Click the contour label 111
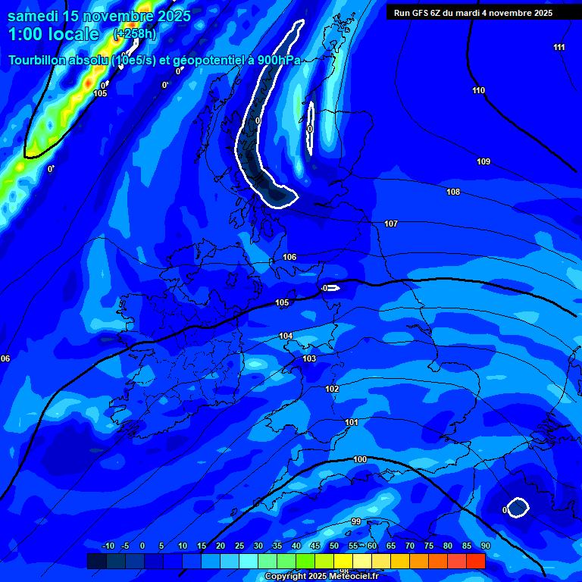pos(559,48)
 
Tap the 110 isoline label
pos(478,91)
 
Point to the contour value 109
pos(483,161)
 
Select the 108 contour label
pos(453,192)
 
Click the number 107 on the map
pos(391,224)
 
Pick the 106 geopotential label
pos(289,257)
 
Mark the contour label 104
pos(286,336)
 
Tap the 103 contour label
pos(309,358)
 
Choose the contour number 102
pos(332,389)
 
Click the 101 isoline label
pos(352,422)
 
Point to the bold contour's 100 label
pos(360,459)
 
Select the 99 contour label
pos(356,521)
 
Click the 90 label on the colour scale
pos(485,546)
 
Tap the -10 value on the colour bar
pos(108,546)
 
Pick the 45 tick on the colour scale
pos(315,546)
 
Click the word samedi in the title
pos(34,15)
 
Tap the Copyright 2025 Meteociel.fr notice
pos(321,576)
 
